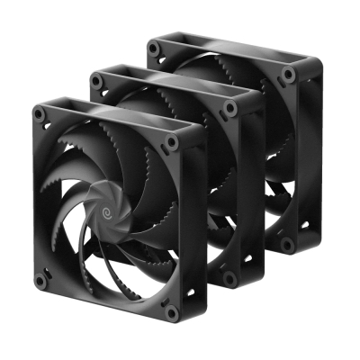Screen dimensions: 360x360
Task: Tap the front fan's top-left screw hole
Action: coord(39,114)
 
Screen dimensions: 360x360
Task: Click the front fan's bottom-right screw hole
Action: coord(171,312)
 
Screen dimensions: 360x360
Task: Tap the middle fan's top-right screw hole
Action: coord(230,107)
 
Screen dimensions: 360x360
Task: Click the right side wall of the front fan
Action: coord(191,225)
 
